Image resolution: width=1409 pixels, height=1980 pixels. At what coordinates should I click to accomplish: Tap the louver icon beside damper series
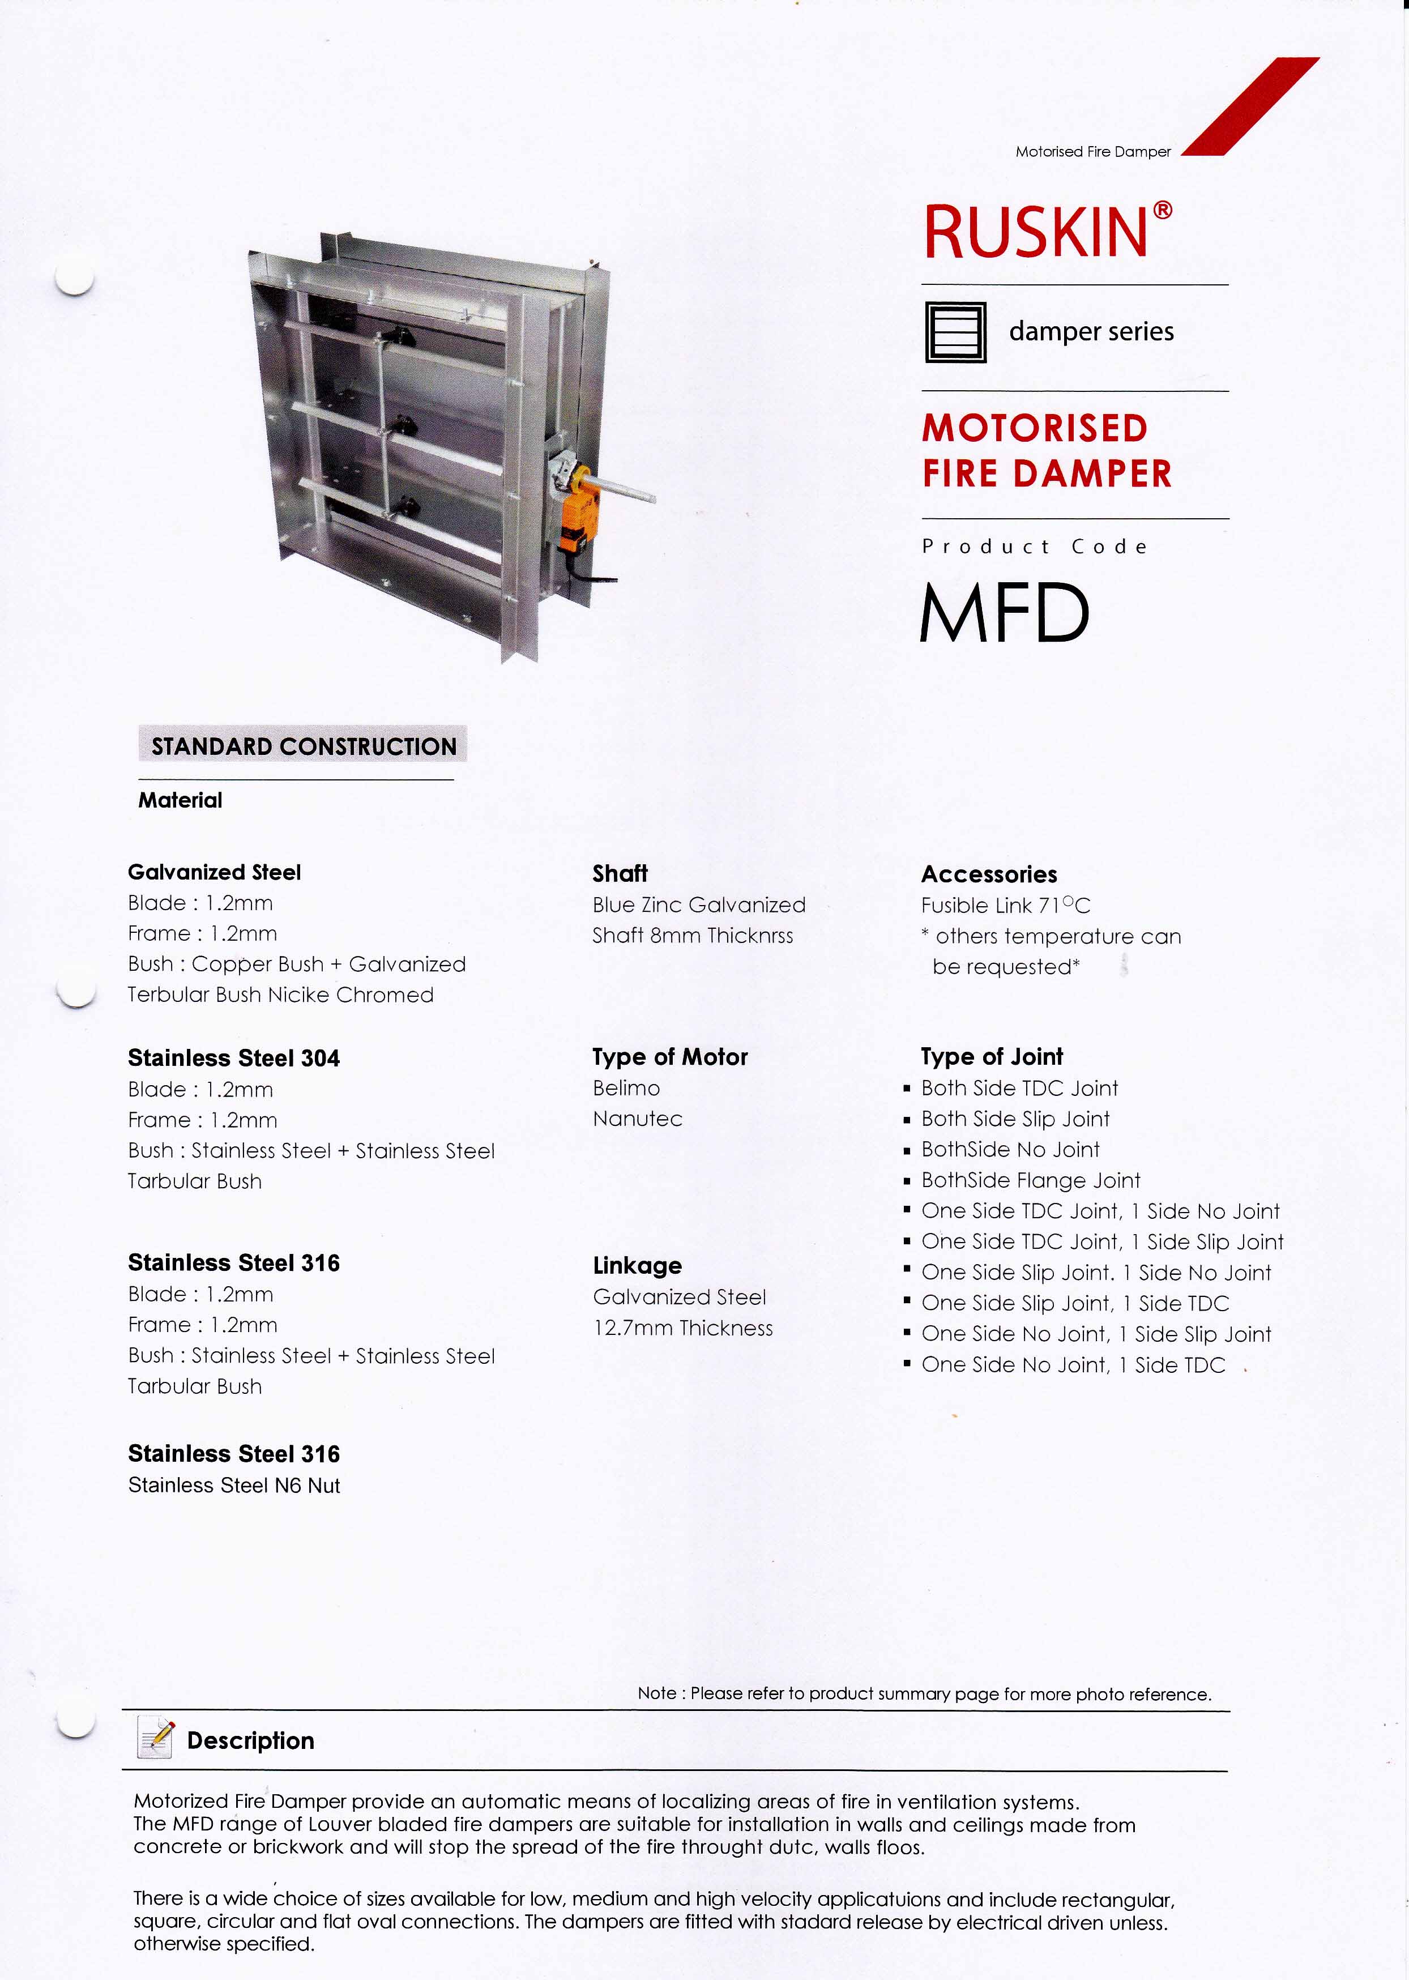coord(955,331)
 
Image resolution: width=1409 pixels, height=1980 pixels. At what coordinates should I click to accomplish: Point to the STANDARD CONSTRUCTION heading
coord(303,746)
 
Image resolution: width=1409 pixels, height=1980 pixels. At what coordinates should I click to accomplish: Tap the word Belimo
coord(626,1088)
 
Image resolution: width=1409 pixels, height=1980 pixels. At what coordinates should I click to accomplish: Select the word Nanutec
coord(637,1119)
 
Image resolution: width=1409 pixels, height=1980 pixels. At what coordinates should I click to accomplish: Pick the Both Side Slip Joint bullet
coord(1015,1119)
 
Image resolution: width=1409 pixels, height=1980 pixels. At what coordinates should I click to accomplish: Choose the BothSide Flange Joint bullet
coord(1030,1180)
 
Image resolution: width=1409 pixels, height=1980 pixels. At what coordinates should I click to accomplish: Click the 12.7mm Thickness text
coord(683,1328)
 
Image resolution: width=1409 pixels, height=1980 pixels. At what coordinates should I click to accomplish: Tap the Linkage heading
coord(637,1266)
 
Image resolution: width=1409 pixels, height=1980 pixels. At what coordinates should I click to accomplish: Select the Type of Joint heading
coord(992,1057)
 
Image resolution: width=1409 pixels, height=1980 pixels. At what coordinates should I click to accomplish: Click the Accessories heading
coord(989,874)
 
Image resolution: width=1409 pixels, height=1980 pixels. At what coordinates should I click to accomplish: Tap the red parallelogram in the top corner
coord(1250,106)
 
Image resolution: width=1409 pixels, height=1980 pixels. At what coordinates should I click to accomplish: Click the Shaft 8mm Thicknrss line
coord(693,935)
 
